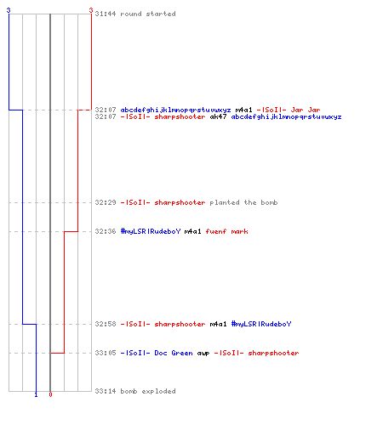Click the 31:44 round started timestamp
click(x=106, y=14)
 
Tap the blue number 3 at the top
click(x=9, y=10)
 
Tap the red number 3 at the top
click(x=91, y=10)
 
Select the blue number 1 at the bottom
click(x=36, y=394)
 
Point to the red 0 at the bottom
click(x=50, y=394)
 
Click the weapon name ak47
click(x=218, y=116)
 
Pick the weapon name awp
click(x=203, y=353)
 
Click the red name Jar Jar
click(x=306, y=110)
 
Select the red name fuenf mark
click(x=227, y=231)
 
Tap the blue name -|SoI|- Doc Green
click(x=157, y=353)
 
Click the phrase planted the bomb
click(x=243, y=202)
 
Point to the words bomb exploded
click(x=148, y=391)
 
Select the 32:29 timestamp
click(x=106, y=202)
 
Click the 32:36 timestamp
click(x=106, y=231)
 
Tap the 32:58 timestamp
click(x=106, y=324)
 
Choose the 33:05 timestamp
click(x=106, y=353)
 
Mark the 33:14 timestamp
click(x=106, y=391)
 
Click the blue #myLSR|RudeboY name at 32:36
click(x=151, y=231)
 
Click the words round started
click(x=148, y=14)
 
